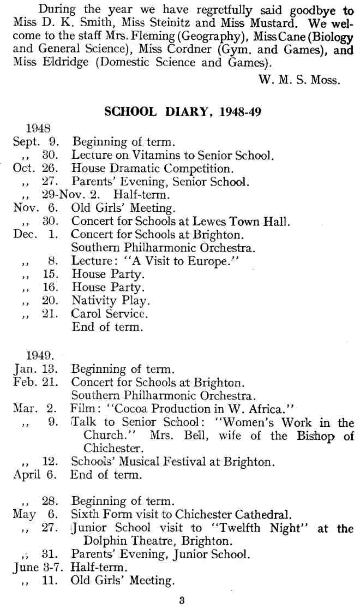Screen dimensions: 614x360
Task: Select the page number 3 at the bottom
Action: tap(182, 602)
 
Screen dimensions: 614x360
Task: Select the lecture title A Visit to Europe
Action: tap(176, 261)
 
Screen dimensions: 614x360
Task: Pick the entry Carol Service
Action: tap(109, 314)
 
